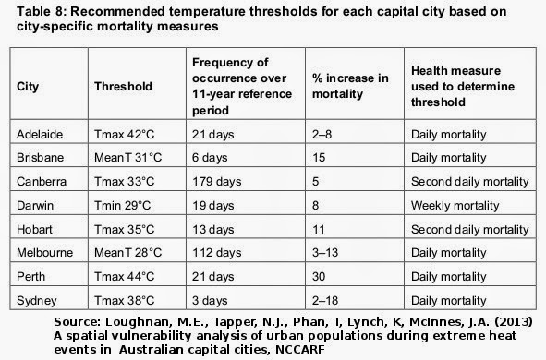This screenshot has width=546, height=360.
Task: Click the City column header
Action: click(x=28, y=87)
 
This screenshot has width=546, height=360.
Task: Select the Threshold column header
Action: click(x=123, y=86)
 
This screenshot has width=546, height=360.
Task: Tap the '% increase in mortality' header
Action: click(x=350, y=86)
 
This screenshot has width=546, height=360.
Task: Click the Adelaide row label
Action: click(x=40, y=134)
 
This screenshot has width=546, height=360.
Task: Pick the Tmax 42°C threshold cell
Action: click(x=125, y=134)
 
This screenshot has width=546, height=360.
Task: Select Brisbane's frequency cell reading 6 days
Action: click(x=210, y=158)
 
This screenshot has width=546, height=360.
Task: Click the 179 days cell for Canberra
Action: click(x=216, y=182)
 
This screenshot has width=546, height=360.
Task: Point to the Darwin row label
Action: click(x=35, y=205)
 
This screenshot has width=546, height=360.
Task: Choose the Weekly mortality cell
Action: click(x=455, y=206)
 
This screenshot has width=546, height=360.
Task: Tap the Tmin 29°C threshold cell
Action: click(x=123, y=205)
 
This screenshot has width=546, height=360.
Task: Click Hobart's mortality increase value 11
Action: click(x=319, y=230)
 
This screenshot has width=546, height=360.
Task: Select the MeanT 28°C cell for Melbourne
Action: click(x=128, y=253)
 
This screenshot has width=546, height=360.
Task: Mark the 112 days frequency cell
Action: click(x=216, y=253)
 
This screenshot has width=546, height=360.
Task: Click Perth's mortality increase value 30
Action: click(x=319, y=277)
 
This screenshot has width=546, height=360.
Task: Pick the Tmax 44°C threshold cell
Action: click(x=125, y=277)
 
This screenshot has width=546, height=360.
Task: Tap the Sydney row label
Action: click(x=37, y=301)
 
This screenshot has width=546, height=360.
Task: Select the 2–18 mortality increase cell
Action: click(x=325, y=301)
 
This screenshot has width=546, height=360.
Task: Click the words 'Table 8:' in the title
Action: click(x=42, y=11)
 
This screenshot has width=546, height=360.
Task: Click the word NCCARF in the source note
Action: click(x=300, y=349)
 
